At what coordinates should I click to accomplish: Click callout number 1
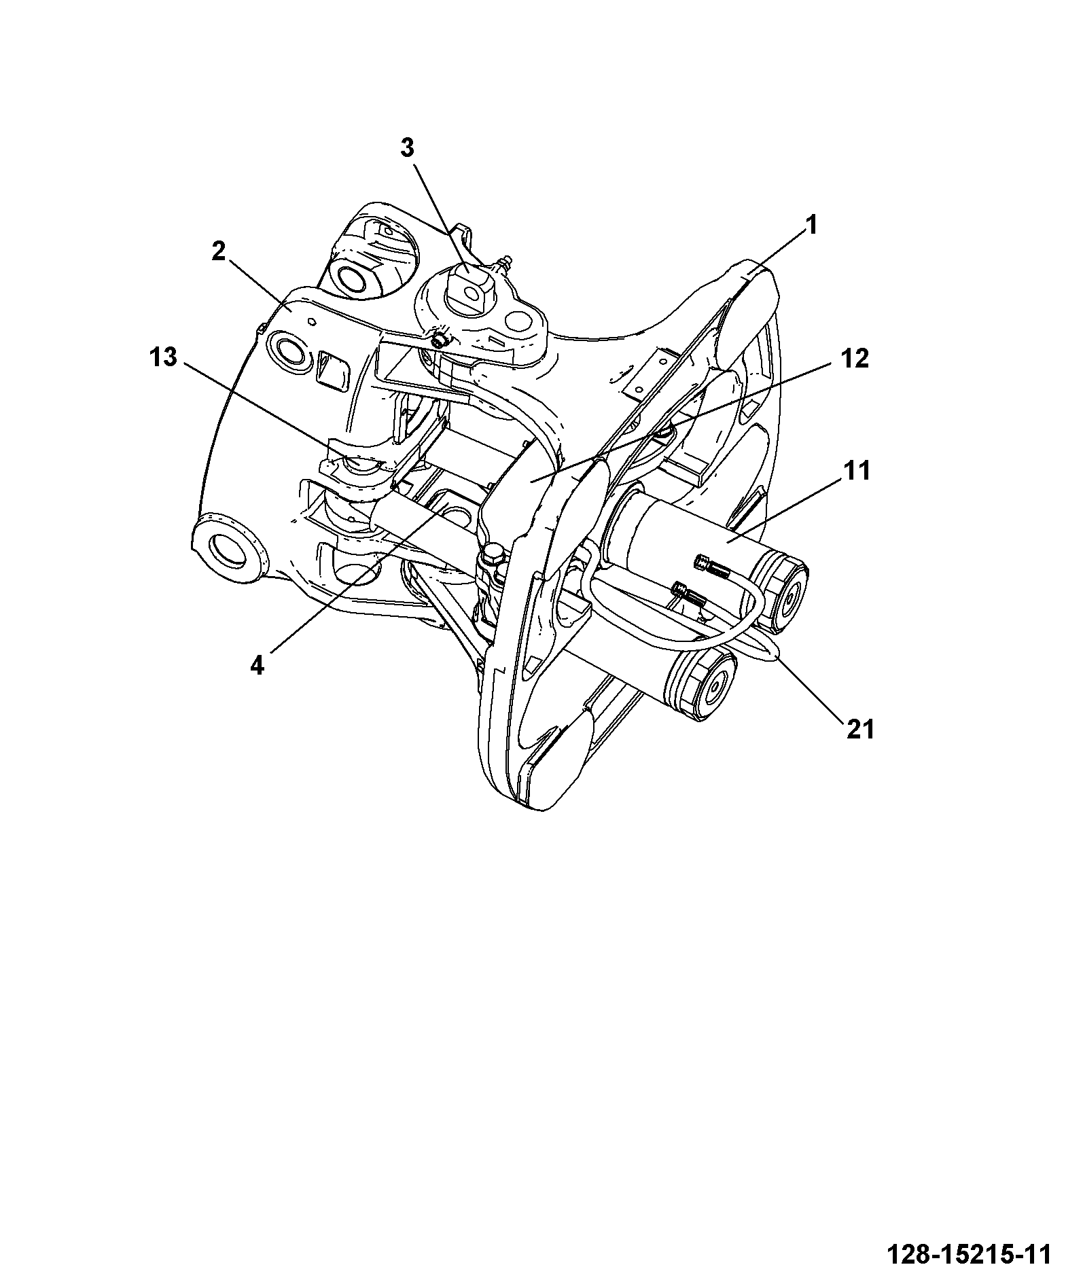coord(811,226)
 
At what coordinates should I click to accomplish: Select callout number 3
coord(406,148)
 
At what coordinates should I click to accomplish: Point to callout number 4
coord(256,666)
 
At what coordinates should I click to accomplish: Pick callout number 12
coord(854,358)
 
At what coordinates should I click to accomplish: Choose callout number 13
coord(162,357)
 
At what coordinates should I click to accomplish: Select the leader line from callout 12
coord(682,422)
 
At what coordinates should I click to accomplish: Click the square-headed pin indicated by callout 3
coord(469,289)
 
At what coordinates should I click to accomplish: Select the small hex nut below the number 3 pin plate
coord(440,340)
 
